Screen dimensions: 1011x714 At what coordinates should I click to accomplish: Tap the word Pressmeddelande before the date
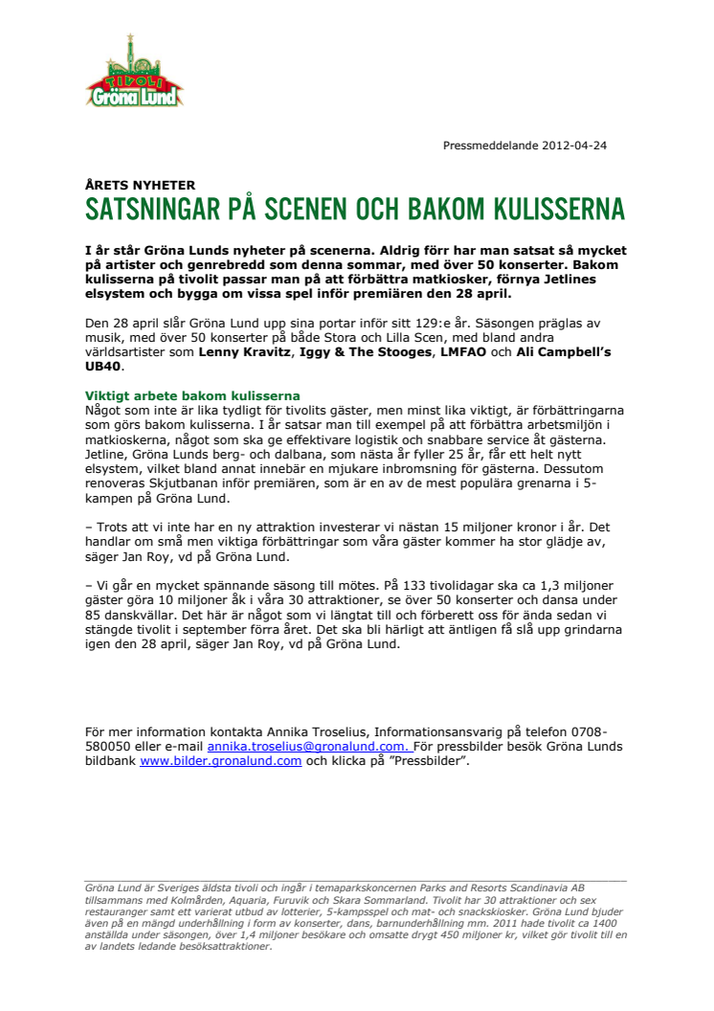coord(488,146)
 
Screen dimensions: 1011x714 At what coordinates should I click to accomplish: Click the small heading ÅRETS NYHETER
coord(140,185)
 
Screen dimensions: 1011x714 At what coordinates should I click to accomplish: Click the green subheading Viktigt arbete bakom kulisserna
coord(192,395)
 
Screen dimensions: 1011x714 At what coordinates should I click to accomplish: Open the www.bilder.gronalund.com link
coord(221,761)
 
